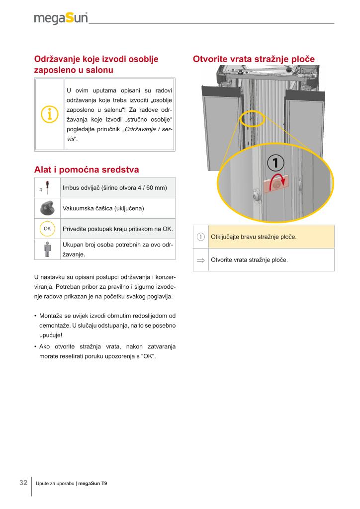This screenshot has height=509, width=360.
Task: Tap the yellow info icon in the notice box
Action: (x=49, y=114)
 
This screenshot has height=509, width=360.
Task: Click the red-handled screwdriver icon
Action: (x=47, y=187)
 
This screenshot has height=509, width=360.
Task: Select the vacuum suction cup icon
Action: (x=47, y=208)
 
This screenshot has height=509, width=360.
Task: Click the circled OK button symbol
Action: (x=47, y=229)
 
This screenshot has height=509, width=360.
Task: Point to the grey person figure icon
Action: (x=47, y=249)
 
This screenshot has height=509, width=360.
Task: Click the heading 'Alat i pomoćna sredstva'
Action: (x=87, y=170)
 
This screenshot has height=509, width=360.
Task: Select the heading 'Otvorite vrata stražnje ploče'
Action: (x=254, y=59)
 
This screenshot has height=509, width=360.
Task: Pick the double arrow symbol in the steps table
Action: (x=201, y=259)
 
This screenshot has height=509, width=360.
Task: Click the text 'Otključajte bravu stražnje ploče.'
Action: (x=254, y=237)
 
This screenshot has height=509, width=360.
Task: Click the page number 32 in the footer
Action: (x=23, y=483)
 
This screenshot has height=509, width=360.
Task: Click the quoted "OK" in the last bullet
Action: (x=149, y=356)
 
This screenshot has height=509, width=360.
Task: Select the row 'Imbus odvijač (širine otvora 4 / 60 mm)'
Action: (x=114, y=187)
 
